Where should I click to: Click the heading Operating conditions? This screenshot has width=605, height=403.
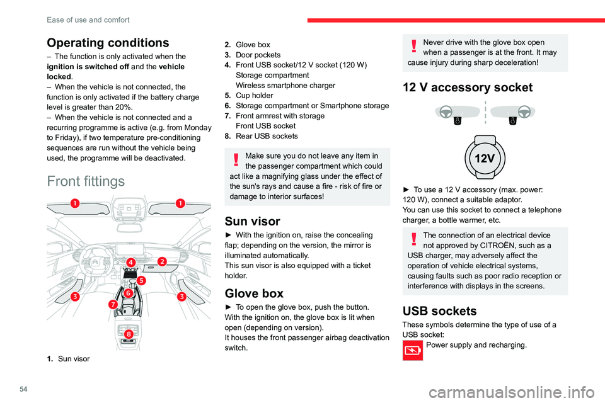coord(107,43)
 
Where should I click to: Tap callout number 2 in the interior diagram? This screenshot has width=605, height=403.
coord(162,261)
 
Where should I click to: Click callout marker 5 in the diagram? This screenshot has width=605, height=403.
coord(141,281)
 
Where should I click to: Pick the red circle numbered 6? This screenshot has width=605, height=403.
coord(127,293)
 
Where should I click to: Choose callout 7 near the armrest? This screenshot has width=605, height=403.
coord(112,304)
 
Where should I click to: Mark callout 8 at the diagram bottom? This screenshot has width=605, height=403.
coord(127,333)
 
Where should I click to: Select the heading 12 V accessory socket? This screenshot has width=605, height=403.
coord(471,88)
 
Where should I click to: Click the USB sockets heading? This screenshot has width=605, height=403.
coord(441,310)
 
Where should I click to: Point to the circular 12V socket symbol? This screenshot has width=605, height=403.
coord(485,159)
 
